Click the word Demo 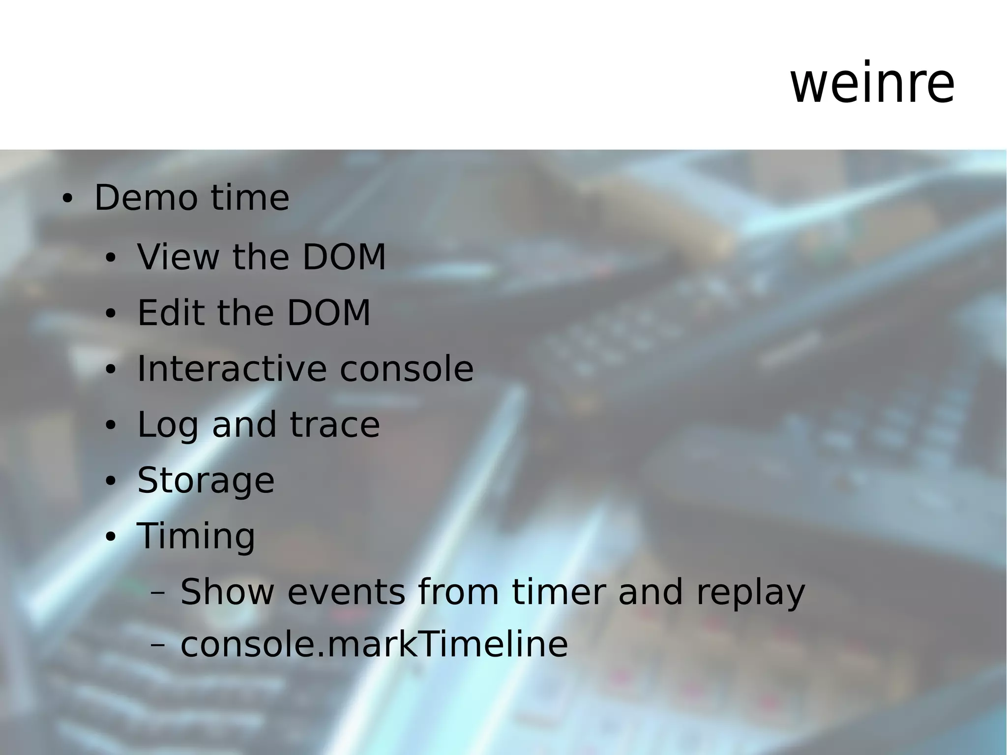(x=147, y=198)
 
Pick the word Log (x=167, y=425)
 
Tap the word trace (x=335, y=425)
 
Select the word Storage (x=206, y=481)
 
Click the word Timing (x=196, y=536)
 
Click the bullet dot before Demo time (x=67, y=199)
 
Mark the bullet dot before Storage (x=110, y=482)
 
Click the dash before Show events (x=158, y=593)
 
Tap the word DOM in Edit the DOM (x=328, y=313)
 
